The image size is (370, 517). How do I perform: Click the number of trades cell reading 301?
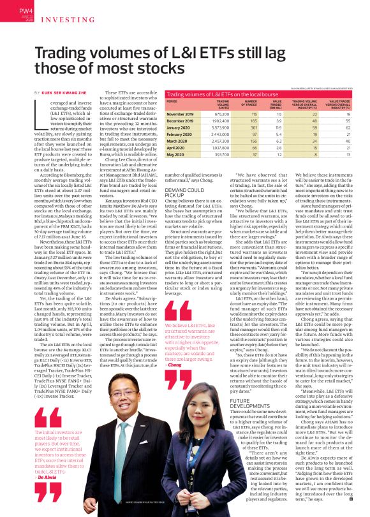pyautogui.click(x=251, y=128)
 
